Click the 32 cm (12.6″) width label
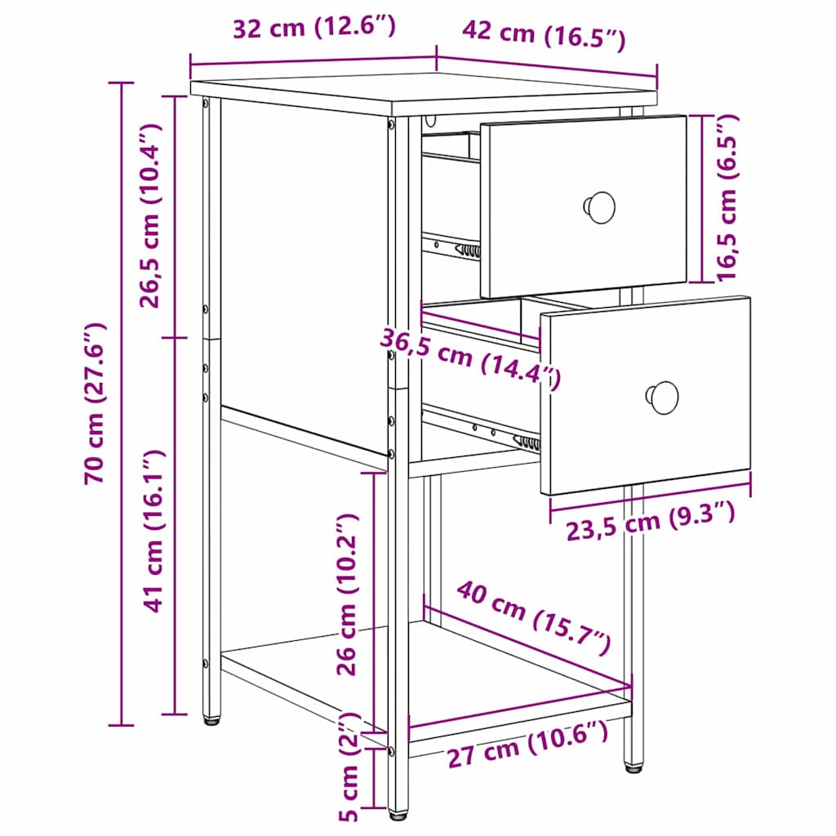[x=314, y=28]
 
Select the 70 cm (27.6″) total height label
[x=96, y=403]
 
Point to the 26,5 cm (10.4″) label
[x=153, y=216]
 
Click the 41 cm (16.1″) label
[x=153, y=531]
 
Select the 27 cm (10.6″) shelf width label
[x=527, y=745]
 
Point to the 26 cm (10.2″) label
[x=349, y=594]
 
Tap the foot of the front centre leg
[x=398, y=813]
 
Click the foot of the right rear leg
[x=633, y=767]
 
